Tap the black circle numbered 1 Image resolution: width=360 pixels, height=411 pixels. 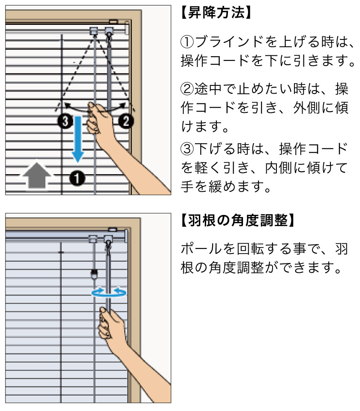click(x=78, y=177)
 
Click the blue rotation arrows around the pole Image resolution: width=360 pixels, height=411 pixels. click(x=109, y=293)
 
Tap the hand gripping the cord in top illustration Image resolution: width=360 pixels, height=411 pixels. click(x=99, y=120)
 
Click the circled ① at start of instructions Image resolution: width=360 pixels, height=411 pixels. click(x=187, y=42)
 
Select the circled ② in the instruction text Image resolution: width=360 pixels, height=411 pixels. click(x=187, y=89)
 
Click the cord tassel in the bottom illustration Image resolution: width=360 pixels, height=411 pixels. click(x=93, y=274)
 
